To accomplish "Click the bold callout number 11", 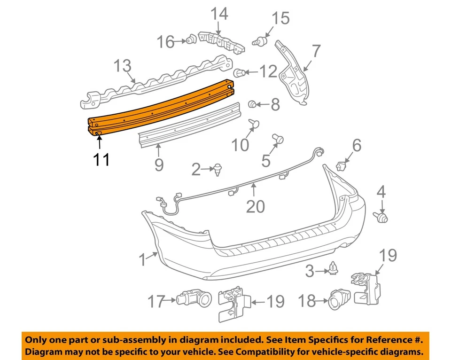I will pyautogui.click(x=101, y=159).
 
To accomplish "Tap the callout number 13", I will pyautogui.click(x=123, y=66).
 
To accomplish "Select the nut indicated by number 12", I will pyautogui.click(x=240, y=73).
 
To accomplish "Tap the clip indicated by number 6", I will pyautogui.click(x=342, y=165).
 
